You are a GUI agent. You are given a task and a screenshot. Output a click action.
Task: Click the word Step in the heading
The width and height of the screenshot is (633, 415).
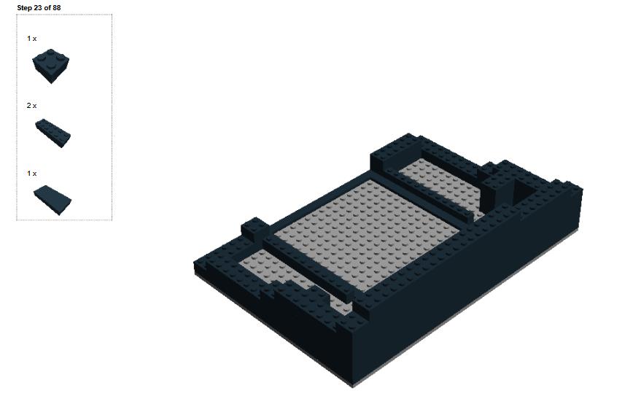(24, 8)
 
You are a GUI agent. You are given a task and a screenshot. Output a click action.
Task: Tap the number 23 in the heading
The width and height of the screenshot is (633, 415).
(38, 8)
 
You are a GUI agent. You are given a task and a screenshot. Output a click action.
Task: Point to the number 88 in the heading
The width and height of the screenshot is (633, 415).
(57, 8)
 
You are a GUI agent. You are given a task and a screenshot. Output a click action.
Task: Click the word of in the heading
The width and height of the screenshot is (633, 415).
(47, 8)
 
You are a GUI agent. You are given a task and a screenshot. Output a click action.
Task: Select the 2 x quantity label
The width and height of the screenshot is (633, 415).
(31, 105)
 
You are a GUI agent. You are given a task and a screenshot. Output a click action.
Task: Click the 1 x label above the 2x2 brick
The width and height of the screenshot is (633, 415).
(32, 39)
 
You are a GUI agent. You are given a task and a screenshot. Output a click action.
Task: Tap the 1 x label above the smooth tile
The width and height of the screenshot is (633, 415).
(32, 173)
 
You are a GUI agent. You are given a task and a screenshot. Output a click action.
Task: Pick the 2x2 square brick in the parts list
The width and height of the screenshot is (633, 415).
(51, 66)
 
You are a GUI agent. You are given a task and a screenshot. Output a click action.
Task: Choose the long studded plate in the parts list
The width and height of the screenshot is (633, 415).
(53, 133)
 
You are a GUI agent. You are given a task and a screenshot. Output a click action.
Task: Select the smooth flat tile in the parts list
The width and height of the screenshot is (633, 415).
(53, 201)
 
